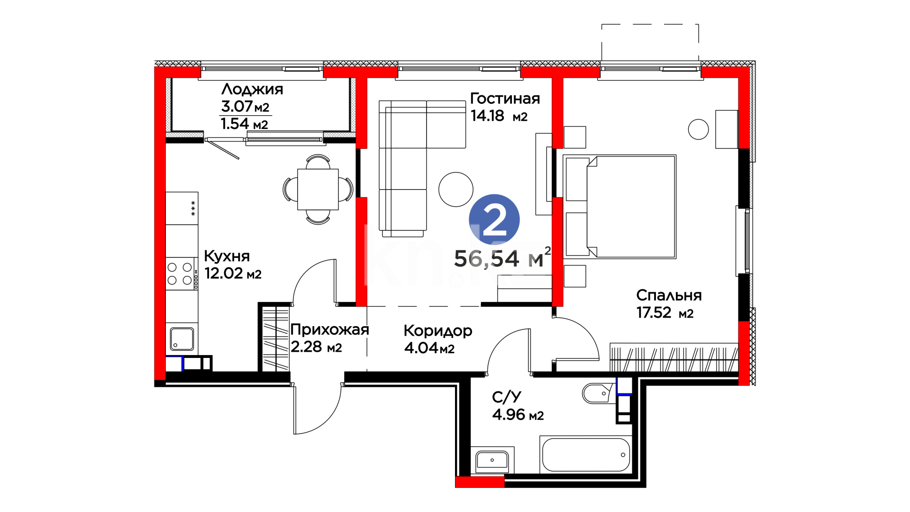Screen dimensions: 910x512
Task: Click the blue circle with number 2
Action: point(494,219)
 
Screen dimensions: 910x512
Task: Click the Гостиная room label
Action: point(505,99)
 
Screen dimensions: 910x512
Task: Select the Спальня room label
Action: point(669,295)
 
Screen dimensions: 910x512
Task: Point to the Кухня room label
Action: point(227,256)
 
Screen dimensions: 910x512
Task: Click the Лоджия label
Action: point(252,90)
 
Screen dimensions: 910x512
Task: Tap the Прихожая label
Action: point(329,329)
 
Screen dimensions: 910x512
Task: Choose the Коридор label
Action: point(438,331)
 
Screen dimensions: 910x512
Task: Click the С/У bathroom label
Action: point(507,397)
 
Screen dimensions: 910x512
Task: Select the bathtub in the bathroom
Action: point(586,455)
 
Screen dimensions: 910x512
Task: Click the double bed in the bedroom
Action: point(619,206)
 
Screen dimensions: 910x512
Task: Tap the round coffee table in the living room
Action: point(456,189)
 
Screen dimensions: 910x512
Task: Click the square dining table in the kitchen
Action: point(318,189)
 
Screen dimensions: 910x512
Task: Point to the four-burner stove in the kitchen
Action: point(182,274)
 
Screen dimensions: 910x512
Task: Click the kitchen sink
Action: point(182,339)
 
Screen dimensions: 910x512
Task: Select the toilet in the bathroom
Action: point(599,393)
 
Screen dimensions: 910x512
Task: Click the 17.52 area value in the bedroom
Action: point(654,313)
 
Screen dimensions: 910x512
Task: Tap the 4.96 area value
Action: point(509,415)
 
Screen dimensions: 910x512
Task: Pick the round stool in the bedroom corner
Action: point(698,129)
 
